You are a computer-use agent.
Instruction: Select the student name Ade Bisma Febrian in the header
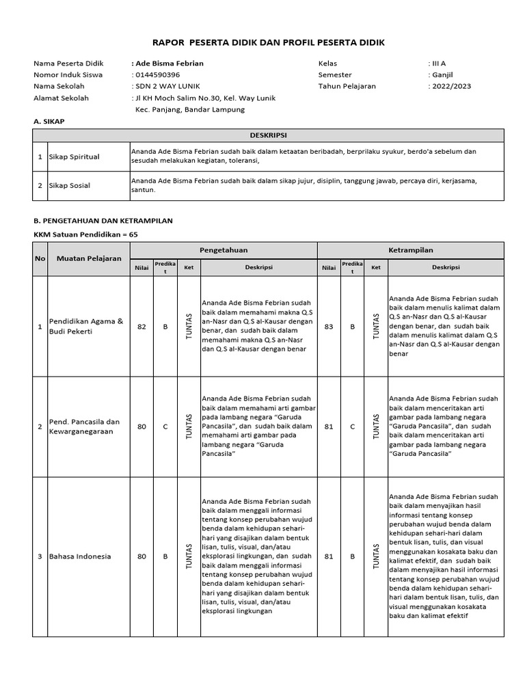pos(168,64)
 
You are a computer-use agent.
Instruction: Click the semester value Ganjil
pos(442,75)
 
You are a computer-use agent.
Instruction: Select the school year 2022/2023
pos(450,86)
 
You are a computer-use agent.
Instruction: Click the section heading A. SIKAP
pos(52,121)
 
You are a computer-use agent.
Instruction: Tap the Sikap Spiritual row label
pos(74,157)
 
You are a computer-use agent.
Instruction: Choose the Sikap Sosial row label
pos(70,185)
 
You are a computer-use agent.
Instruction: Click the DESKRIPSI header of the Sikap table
pos(268,135)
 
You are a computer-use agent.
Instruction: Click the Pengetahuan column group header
pos(224,250)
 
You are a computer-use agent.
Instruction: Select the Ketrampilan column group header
pos(410,250)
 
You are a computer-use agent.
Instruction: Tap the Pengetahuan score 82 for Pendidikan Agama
pos(142,327)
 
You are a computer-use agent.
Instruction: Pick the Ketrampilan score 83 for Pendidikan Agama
pos(329,327)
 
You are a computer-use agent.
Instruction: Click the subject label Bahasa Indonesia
pos(79,556)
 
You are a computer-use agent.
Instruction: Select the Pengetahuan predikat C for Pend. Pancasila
pos(165,427)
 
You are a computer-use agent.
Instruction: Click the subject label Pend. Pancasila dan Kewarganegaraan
pos(85,427)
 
